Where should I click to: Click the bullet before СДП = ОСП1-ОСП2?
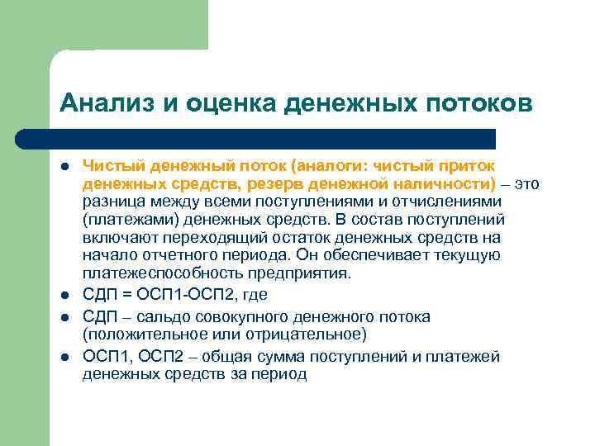(x=64, y=296)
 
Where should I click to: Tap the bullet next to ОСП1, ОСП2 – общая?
(x=64, y=357)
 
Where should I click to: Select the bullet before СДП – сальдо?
(x=64, y=317)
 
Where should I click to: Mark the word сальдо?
(x=165, y=317)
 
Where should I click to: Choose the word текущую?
(x=468, y=255)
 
